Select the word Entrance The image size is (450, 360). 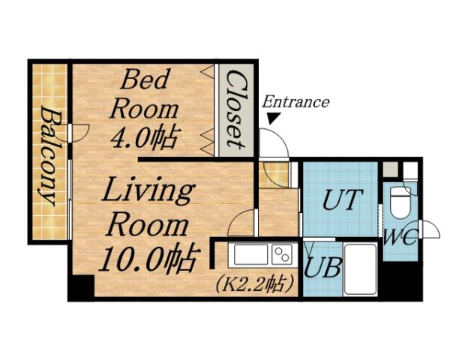tap(295, 102)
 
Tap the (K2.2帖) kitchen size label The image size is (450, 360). tap(256, 284)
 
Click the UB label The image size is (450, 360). tap(322, 268)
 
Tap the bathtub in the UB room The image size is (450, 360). tap(361, 268)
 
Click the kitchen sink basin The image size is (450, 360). tap(251, 255)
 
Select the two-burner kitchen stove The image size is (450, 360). tap(283, 254)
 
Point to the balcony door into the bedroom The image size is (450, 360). tap(78, 133)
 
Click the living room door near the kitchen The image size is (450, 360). tap(243, 223)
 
